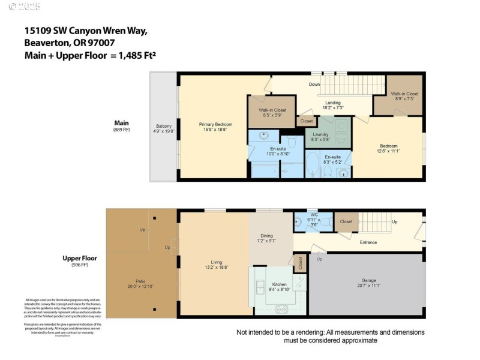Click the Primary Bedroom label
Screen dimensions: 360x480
point(215,124)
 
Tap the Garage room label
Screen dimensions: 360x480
point(368,280)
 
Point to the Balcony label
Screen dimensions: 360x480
point(164,126)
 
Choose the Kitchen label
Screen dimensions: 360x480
point(280,284)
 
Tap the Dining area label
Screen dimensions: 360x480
point(266,236)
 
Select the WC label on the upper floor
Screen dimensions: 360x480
point(314,215)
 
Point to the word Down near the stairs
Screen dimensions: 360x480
point(314,85)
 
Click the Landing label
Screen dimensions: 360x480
point(332,103)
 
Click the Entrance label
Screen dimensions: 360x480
point(368,242)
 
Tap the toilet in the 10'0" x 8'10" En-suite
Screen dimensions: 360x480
point(292,142)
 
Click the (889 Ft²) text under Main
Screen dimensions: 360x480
point(122,130)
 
